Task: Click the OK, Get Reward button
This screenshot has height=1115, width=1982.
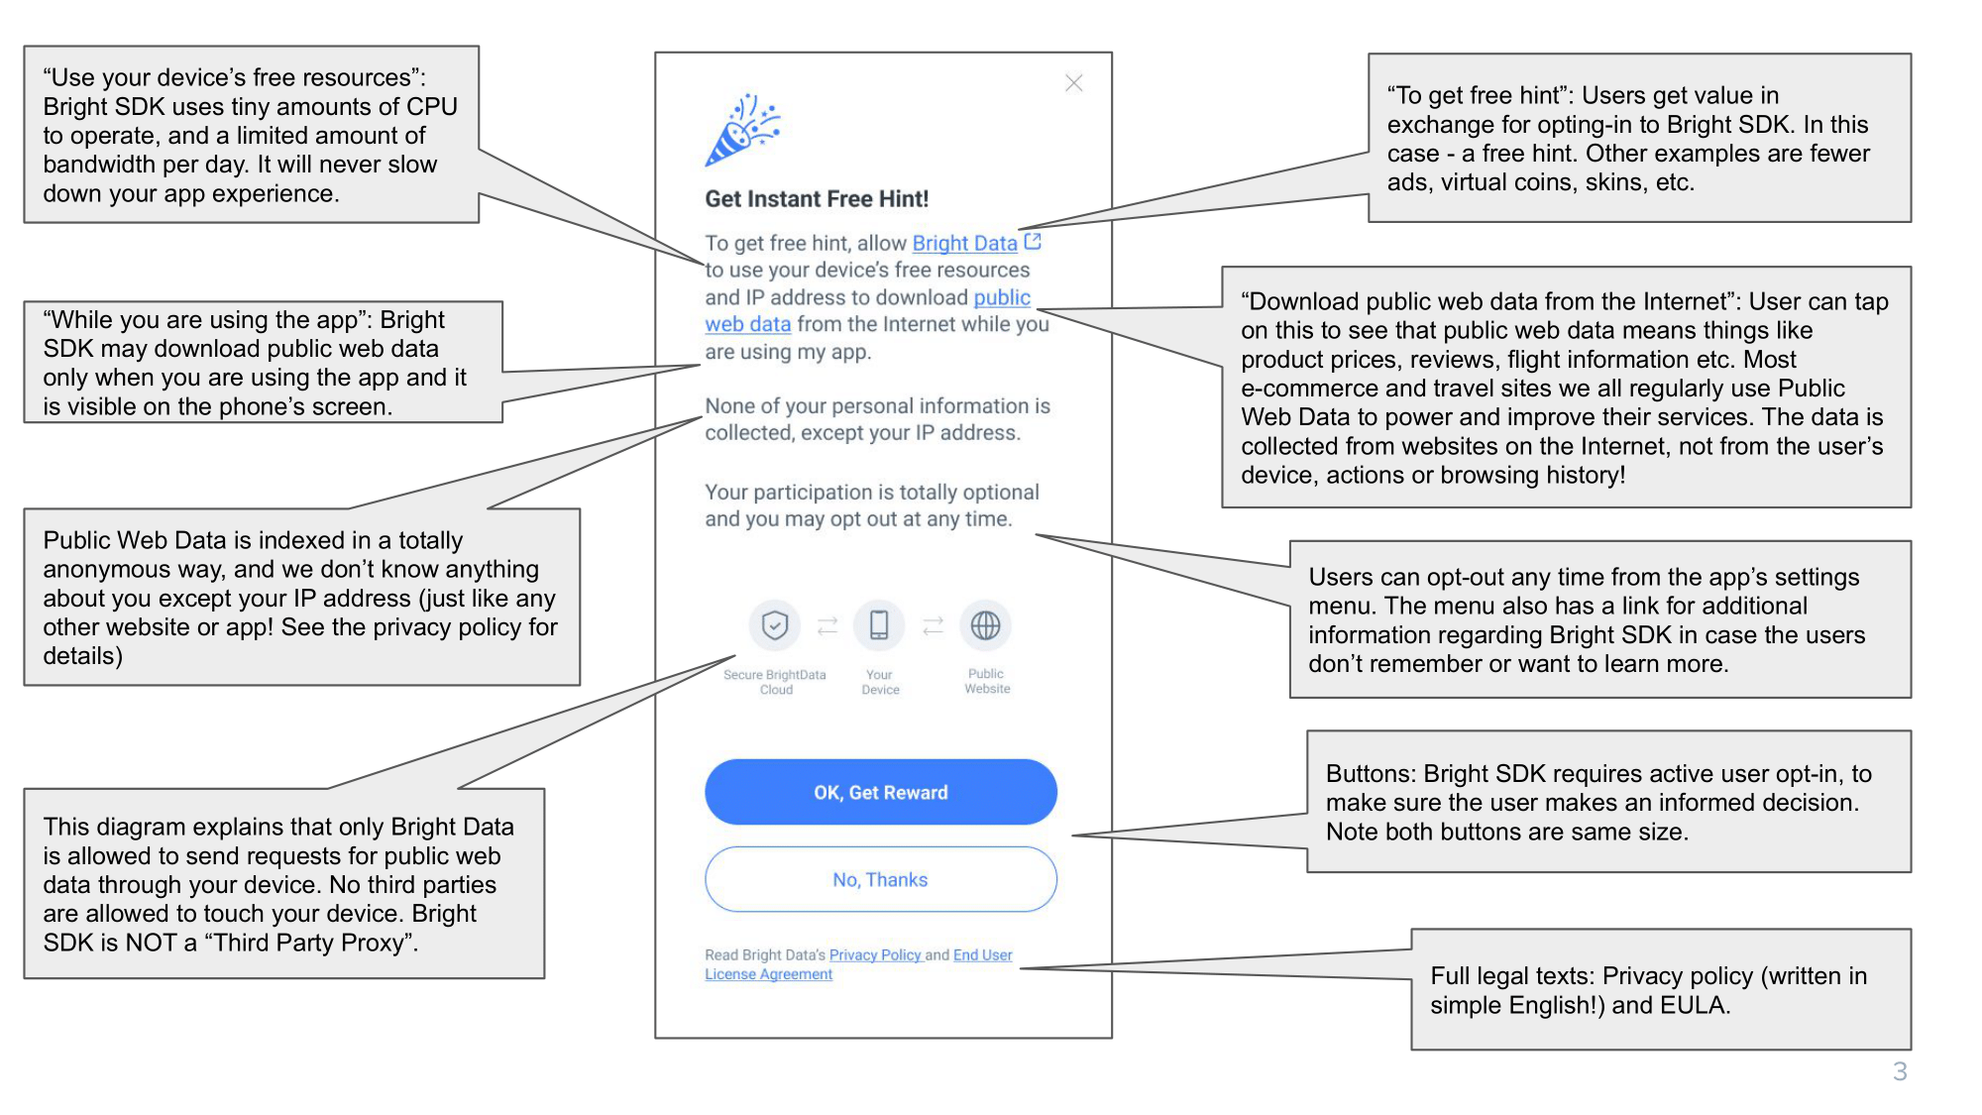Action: pyautogui.click(x=881, y=792)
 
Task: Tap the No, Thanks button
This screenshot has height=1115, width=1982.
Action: pyautogui.click(x=881, y=879)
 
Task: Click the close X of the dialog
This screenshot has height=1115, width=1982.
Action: pyautogui.click(x=1073, y=83)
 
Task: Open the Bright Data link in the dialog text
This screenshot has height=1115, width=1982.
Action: pyautogui.click(x=964, y=243)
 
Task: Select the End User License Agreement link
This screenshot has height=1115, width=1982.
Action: pyautogui.click(x=858, y=964)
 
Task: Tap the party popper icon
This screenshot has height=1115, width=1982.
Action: pyautogui.click(x=743, y=130)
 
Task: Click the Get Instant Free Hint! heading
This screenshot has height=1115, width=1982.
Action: pyautogui.click(x=817, y=199)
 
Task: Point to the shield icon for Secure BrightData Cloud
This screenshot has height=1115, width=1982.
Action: pyautogui.click(x=775, y=625)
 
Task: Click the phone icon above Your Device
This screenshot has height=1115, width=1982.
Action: pyautogui.click(x=879, y=625)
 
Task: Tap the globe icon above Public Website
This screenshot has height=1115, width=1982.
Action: pyautogui.click(x=985, y=625)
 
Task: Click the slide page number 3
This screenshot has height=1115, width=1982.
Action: pyautogui.click(x=1900, y=1071)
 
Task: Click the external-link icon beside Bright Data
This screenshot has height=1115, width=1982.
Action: pyautogui.click(x=1033, y=241)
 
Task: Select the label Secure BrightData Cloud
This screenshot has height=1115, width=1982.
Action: pyautogui.click(x=775, y=682)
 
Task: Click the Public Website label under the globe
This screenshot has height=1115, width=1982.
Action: pyautogui.click(x=987, y=681)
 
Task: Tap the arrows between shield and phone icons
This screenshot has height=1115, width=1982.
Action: pyautogui.click(x=827, y=625)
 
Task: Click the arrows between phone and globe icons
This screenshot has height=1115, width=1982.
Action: pyautogui.click(x=933, y=625)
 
